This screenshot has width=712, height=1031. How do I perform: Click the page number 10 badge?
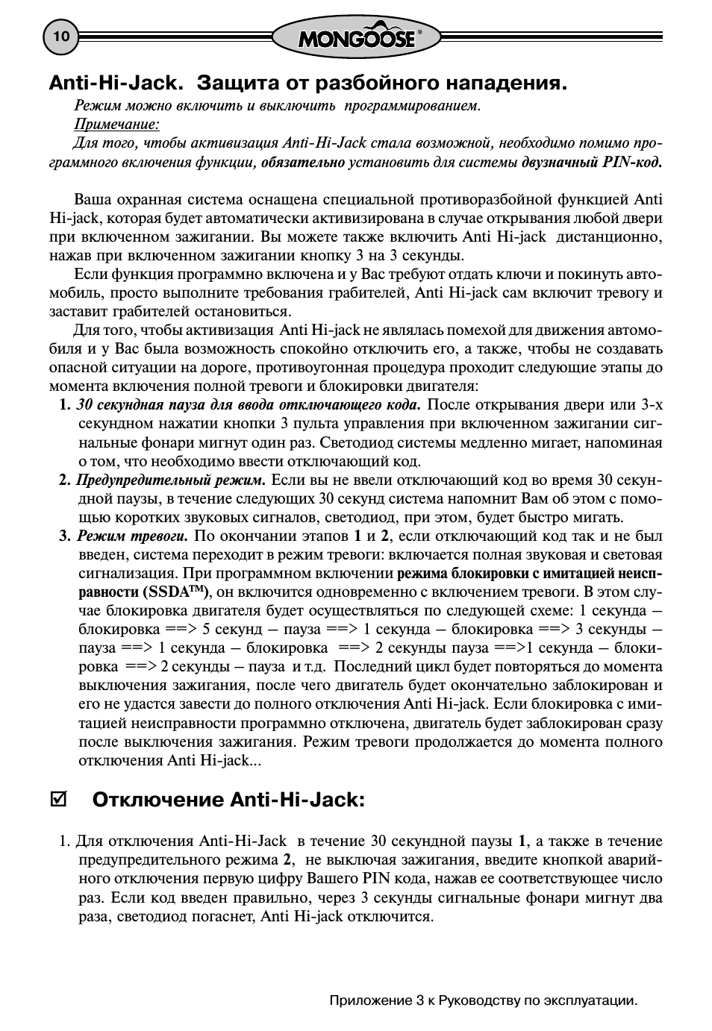click(61, 37)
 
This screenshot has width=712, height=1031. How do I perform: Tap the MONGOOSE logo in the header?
click(356, 37)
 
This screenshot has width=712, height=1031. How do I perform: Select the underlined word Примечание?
click(116, 124)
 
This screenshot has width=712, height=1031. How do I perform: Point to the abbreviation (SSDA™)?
click(175, 592)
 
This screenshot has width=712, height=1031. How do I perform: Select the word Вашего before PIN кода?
click(333, 879)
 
